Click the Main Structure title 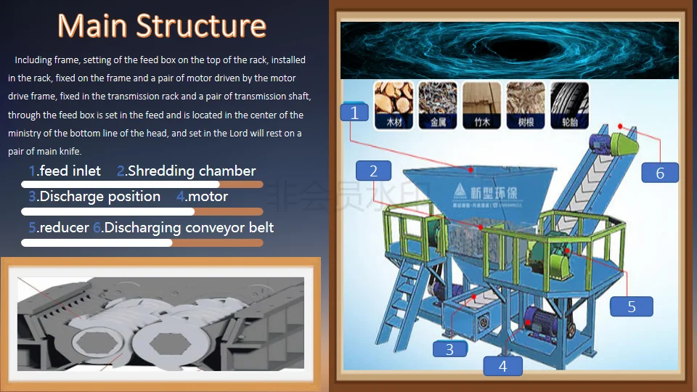coord(162,26)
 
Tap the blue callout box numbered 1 coord(354,113)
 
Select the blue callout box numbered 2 coord(373,171)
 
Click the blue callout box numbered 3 coord(449,349)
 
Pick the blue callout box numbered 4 coord(503,367)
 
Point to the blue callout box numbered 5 coord(631,306)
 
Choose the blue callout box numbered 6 coord(660,173)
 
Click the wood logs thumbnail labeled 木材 coord(394,104)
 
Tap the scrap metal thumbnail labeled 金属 coord(438,104)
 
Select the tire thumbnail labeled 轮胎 coord(569,104)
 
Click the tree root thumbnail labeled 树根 coord(526,104)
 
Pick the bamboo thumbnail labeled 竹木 coord(481,104)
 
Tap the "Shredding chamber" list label coord(191,171)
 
